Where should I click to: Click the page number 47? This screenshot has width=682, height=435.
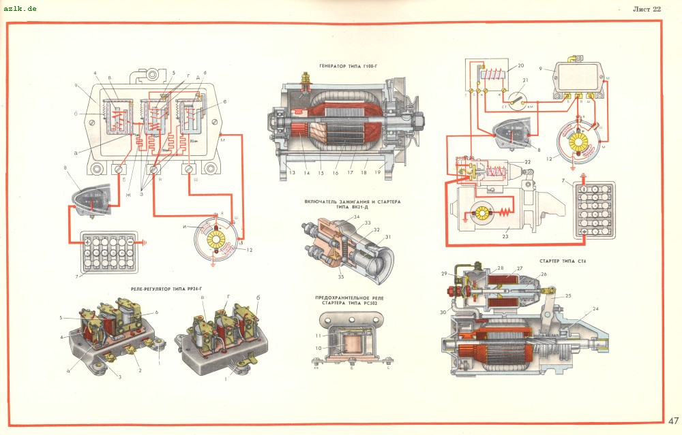tap(672, 419)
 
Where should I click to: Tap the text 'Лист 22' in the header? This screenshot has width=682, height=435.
tap(647, 10)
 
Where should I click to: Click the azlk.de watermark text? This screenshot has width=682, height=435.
tap(18, 7)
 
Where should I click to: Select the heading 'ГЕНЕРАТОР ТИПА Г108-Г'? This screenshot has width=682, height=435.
tap(348, 66)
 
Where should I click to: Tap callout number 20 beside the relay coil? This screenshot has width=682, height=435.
tap(520, 66)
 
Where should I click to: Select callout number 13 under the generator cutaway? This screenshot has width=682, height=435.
tap(291, 174)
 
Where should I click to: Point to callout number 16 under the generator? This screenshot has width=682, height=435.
tap(336, 174)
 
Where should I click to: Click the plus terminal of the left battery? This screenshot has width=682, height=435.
tap(87, 242)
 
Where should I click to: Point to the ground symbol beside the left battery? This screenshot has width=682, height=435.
tap(144, 241)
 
